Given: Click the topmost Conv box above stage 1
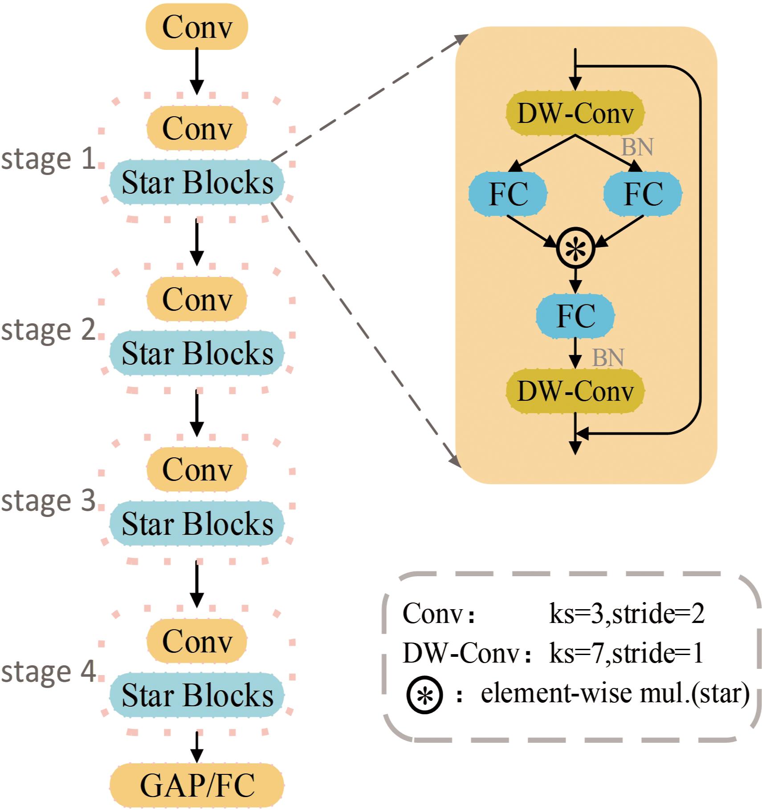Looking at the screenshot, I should [x=196, y=27].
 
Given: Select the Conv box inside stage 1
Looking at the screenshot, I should [x=196, y=128].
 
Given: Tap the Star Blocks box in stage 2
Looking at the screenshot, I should [x=196, y=353].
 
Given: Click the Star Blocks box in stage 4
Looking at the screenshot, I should [x=196, y=695].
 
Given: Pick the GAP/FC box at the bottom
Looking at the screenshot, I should [x=196, y=785].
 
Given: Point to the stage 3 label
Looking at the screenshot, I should [x=48, y=501].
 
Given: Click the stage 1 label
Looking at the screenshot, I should [x=48, y=159].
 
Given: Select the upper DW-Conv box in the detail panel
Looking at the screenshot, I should [x=575, y=113].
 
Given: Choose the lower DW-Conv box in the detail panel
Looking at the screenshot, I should [x=575, y=391].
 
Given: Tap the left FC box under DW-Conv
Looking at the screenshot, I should [x=508, y=194].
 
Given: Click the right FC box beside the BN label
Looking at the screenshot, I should [x=643, y=194].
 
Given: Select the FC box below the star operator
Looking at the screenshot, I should [x=575, y=316].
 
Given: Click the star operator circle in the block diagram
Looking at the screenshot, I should [x=575, y=248].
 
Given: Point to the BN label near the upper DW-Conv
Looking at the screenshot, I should [x=637, y=147].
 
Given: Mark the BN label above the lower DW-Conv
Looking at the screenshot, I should [x=608, y=358].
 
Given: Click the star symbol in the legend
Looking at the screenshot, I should [x=424, y=695].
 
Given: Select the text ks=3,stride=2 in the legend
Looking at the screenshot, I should [x=627, y=614].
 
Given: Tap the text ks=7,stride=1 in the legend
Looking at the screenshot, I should [x=626, y=653].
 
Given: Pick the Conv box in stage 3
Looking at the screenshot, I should [x=196, y=469].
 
